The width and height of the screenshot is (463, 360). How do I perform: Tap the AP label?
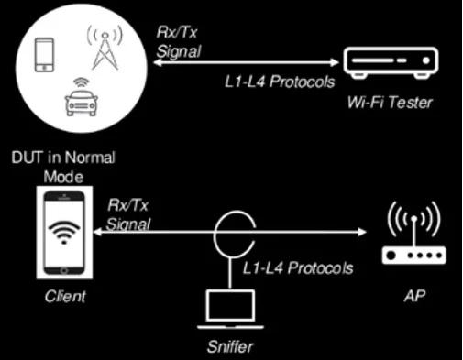click(409, 297)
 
